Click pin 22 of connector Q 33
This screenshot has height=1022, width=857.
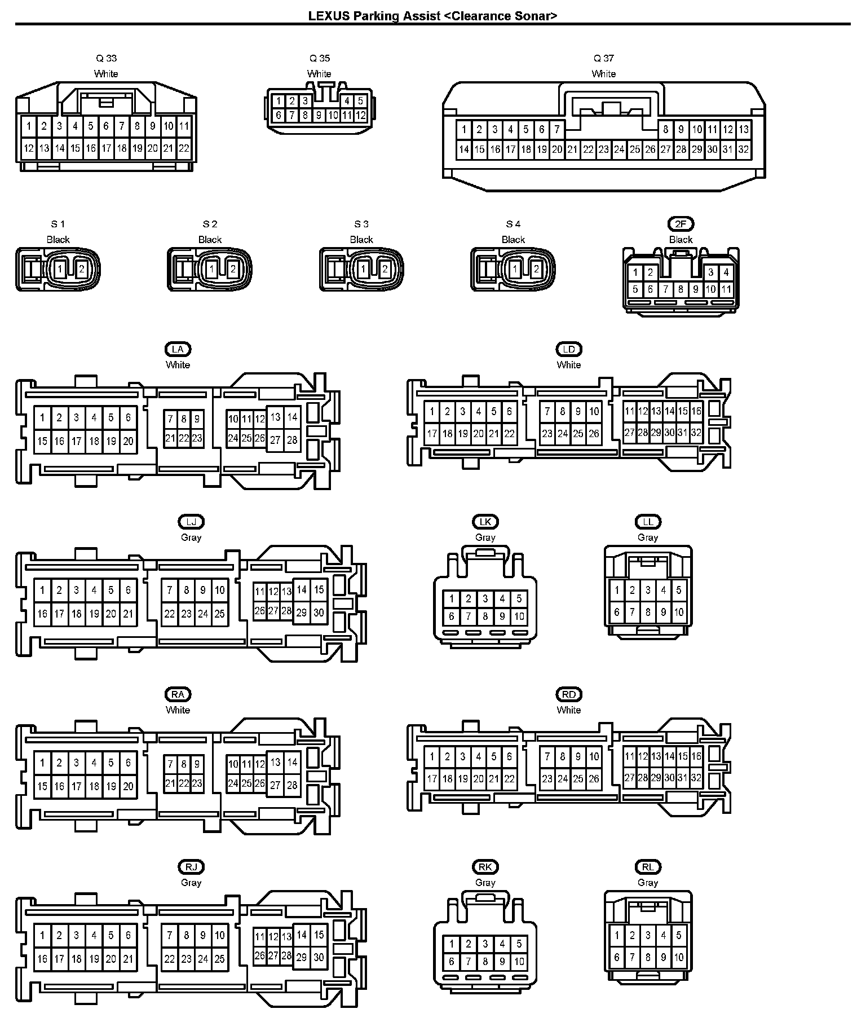[x=184, y=149]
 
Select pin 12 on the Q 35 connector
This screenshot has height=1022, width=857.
[x=361, y=115]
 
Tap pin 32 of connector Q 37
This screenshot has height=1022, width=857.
[x=744, y=149]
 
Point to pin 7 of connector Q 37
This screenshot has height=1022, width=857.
[x=557, y=130]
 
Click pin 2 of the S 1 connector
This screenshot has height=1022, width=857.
[x=81, y=269]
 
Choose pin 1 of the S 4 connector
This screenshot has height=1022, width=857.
[x=515, y=269]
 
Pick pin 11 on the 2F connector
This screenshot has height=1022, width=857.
[x=726, y=289]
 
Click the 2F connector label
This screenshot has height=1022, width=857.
[x=681, y=224]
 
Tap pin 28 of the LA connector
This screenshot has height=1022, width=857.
[x=292, y=440]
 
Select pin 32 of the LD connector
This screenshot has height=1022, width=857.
[x=696, y=433]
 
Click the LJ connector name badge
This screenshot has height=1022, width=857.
[x=191, y=522]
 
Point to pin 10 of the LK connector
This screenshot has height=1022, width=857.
[x=519, y=616]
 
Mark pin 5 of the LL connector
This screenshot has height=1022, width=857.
[x=679, y=591]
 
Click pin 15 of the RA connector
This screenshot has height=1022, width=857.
[x=42, y=786]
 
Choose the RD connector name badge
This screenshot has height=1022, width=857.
[x=568, y=694]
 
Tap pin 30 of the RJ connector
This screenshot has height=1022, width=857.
[x=319, y=958]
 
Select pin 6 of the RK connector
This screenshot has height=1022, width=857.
[x=451, y=962]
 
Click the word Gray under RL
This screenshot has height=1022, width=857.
[x=648, y=883]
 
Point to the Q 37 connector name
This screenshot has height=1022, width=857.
[x=603, y=58]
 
